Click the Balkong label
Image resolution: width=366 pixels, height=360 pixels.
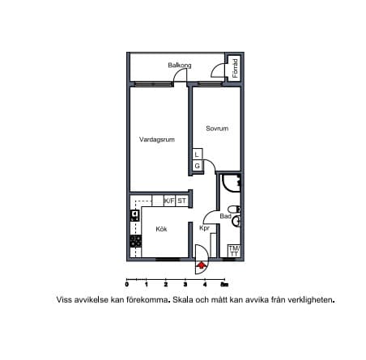point(180,66)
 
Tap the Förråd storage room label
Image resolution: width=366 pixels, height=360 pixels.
point(236,68)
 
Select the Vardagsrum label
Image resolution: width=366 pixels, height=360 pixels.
point(157,139)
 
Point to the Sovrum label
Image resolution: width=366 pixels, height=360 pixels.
point(217,129)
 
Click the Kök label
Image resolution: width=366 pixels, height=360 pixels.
point(161,229)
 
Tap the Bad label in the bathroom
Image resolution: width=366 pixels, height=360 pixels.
point(225,216)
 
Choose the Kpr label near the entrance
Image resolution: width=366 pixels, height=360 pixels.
point(204,228)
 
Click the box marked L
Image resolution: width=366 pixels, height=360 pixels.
point(198,155)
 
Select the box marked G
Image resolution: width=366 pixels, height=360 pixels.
point(198,166)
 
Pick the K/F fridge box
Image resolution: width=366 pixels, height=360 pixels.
point(169,201)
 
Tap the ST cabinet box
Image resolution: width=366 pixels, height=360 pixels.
point(181,201)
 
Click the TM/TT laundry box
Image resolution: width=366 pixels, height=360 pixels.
point(234,251)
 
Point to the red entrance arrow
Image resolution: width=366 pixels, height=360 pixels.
point(201,265)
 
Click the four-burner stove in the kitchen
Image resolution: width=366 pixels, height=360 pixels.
point(136,241)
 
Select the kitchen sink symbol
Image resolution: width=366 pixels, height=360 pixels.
point(134,215)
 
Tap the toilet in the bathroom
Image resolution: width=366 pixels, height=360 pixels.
point(233,209)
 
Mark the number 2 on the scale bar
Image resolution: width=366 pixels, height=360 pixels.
point(166,285)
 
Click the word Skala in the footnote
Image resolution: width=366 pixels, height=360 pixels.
point(183,299)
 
